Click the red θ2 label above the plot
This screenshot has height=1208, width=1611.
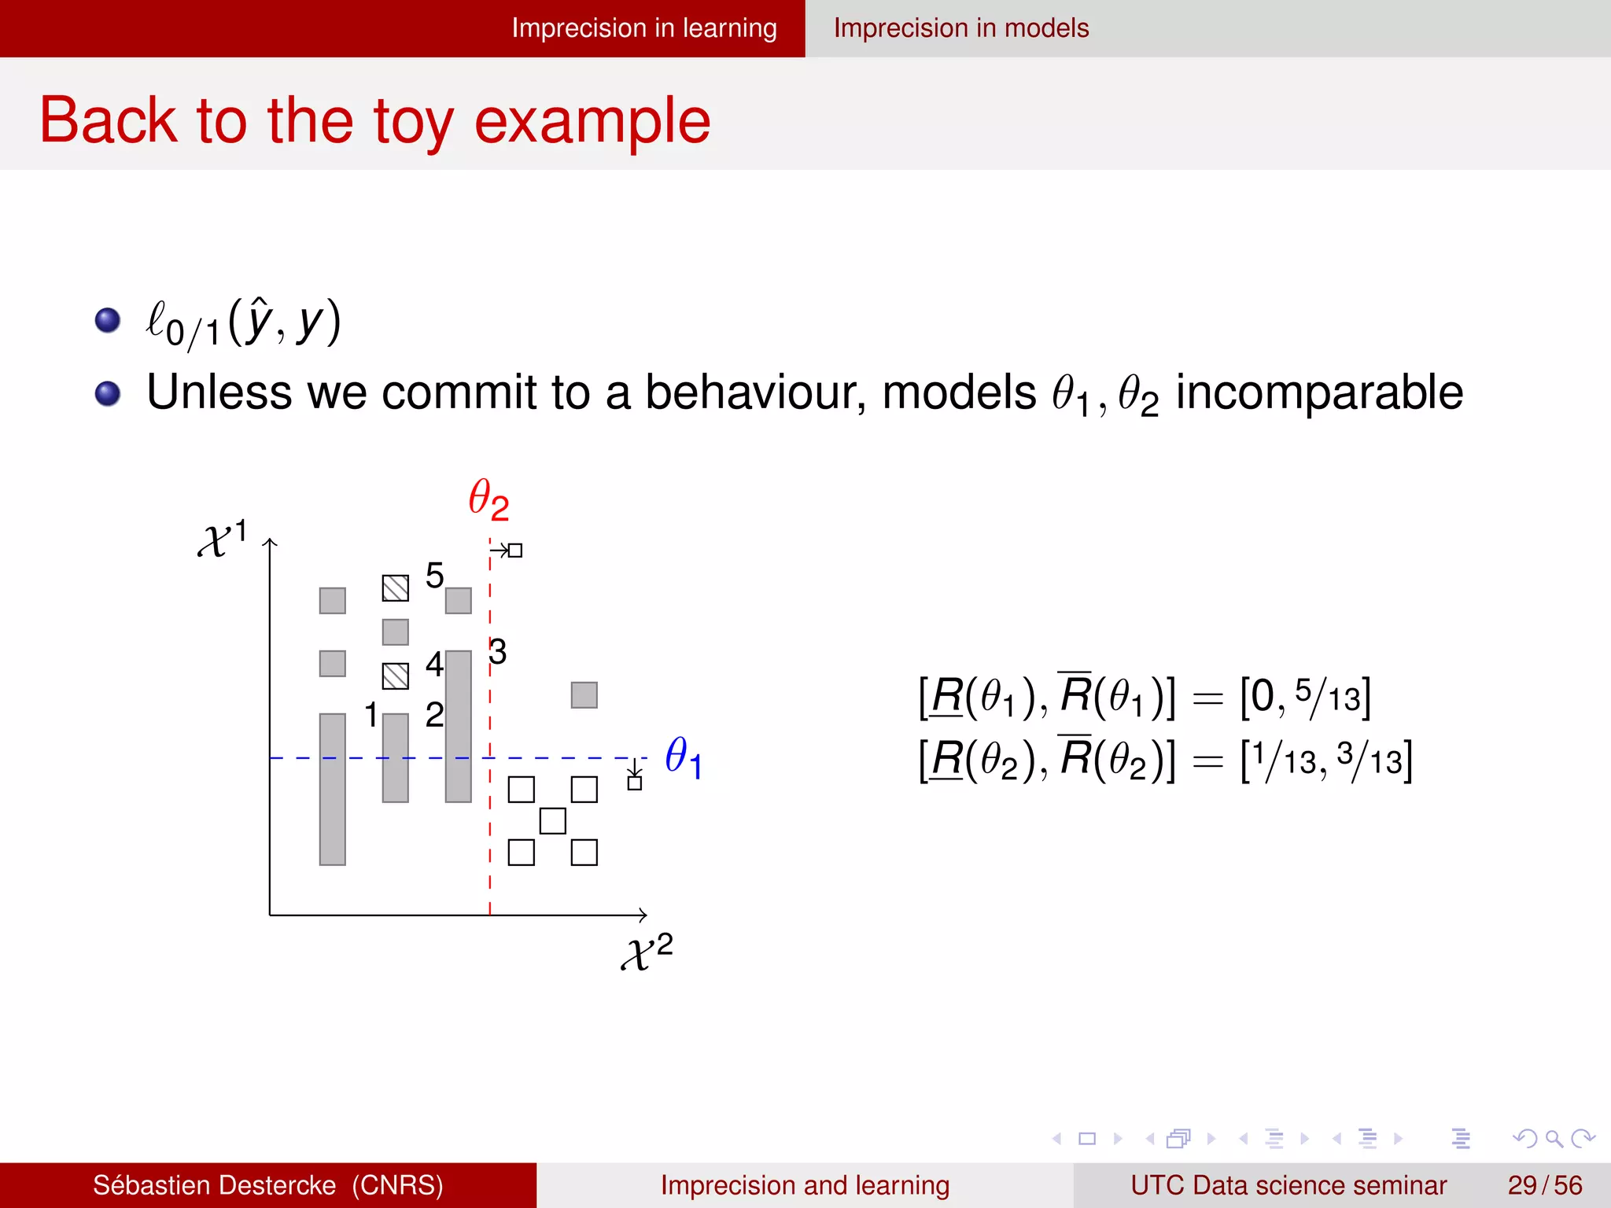(488, 499)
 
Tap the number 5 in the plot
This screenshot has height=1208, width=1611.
(434, 576)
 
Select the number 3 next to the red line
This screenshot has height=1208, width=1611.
(498, 652)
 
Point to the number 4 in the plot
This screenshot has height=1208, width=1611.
(434, 665)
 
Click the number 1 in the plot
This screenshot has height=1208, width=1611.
(371, 715)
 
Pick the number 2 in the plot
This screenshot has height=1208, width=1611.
(434, 715)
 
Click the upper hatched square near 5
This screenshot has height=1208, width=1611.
(396, 588)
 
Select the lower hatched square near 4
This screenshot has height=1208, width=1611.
(396, 676)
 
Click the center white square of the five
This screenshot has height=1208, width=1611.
(553, 821)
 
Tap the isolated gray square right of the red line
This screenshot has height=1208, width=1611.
(584, 695)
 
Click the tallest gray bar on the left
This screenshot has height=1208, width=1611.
(333, 789)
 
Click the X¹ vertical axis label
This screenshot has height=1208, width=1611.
(223, 539)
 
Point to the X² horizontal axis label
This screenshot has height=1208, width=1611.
(647, 952)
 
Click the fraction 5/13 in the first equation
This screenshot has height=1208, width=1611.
(1327, 696)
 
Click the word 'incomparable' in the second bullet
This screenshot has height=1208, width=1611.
(1319, 392)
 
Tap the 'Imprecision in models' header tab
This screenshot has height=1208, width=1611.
(961, 28)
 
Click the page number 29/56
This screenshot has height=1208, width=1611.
(1544, 1185)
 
